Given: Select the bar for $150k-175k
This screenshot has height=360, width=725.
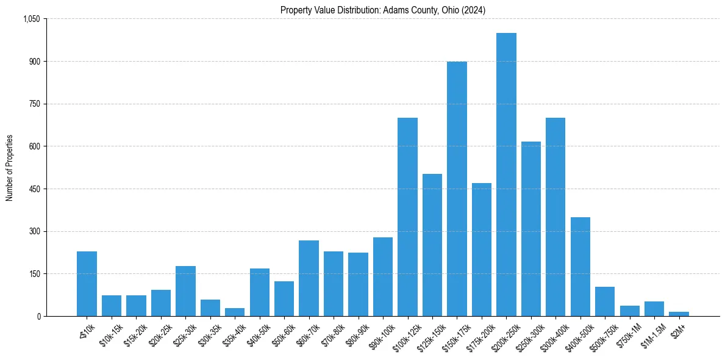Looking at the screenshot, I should coord(457,189).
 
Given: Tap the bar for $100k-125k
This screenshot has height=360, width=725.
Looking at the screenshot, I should coord(407,217).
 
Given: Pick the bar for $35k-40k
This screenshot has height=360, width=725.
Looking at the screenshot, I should coord(235,312).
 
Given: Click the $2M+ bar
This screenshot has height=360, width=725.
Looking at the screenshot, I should coord(679,314).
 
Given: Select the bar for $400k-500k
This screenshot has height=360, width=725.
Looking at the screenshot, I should coord(580,267).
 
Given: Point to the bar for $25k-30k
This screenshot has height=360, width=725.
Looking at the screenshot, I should coord(185,291).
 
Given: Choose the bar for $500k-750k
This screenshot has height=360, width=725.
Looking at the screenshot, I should coord(605,301).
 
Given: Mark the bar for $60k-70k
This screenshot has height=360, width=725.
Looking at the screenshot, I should coord(309,278).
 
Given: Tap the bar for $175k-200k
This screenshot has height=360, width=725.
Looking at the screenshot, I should coord(482,250).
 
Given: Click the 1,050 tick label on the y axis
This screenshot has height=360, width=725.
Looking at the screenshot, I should coord(31,19).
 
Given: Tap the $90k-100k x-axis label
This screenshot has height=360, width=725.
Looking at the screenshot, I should coord(380,335).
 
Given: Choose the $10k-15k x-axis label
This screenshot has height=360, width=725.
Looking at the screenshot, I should coord(110,334).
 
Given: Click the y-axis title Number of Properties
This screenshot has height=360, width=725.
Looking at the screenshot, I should coord(10,168).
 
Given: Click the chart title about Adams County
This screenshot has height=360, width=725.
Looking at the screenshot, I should coord(383,10).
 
